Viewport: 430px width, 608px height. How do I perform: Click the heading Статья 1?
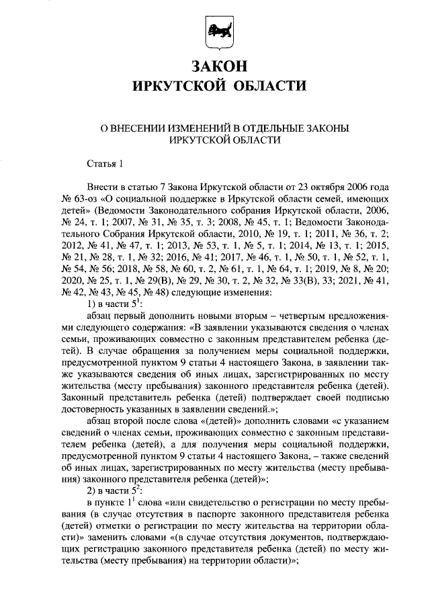[106, 163]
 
